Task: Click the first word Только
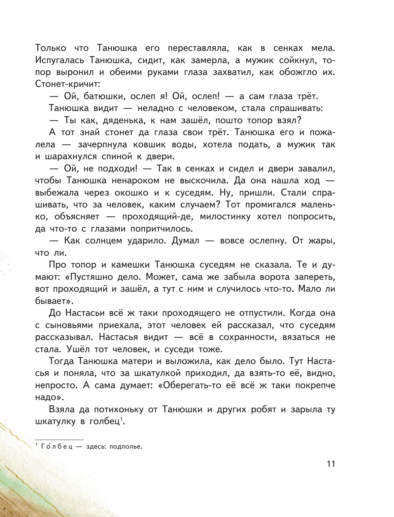pos(52,48)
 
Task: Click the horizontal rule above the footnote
pos(59,440)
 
